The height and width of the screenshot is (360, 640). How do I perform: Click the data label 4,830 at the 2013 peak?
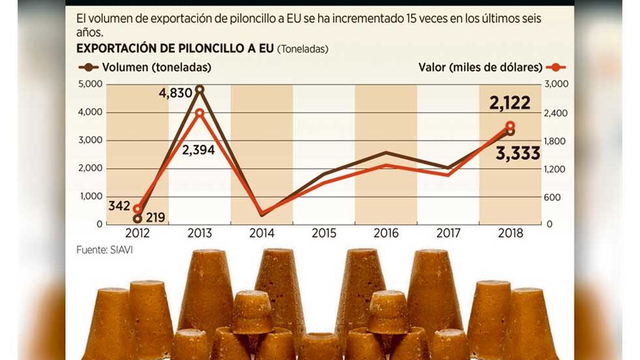(175, 93)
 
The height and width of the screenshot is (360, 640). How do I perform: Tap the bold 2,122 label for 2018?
(509, 103)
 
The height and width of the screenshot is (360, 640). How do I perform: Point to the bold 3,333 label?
(517, 154)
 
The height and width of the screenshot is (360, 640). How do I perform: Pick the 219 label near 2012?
(155, 218)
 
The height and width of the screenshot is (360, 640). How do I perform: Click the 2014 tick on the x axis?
(261, 233)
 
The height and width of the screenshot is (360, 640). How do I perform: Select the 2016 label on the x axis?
(385, 233)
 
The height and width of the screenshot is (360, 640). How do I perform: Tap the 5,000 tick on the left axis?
(90, 84)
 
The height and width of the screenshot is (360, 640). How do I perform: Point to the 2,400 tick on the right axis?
(557, 112)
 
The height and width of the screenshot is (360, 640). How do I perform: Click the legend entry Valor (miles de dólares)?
(490, 67)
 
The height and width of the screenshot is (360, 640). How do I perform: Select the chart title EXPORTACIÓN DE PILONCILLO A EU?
(175, 49)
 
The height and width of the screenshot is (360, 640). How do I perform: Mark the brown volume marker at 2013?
(199, 90)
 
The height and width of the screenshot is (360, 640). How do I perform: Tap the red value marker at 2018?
(510, 126)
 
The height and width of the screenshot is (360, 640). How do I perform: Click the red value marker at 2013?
(199, 113)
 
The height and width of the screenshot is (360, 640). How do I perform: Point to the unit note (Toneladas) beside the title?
(303, 49)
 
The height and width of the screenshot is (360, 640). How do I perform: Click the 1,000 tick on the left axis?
(90, 196)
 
